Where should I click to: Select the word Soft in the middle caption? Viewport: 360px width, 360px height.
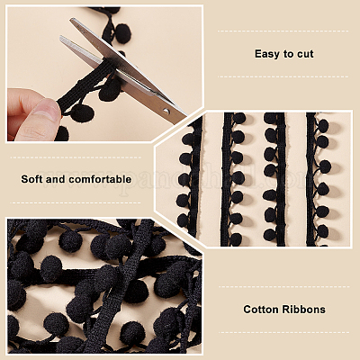[x=33, y=179]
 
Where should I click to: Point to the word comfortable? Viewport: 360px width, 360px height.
[x=101, y=179]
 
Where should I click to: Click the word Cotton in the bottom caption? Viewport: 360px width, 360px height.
[x=263, y=310]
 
